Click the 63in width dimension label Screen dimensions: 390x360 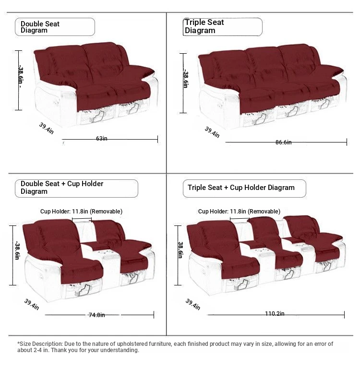pos(102,139)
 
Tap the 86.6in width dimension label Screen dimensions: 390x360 pos(283,142)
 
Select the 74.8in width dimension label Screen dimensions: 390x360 pos(96,315)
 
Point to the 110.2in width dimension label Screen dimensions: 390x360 pos(275,314)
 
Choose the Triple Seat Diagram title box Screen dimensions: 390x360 pos(222,26)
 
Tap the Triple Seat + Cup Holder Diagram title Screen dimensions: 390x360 pos(241,188)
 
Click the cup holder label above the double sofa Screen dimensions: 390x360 pos(81,211)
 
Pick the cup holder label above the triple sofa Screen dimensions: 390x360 pos(239,211)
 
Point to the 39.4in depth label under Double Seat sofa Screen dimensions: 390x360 pos(46,128)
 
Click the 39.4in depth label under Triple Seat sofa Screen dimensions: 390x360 pos(212,132)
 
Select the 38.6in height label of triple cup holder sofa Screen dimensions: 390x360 pos(181,249)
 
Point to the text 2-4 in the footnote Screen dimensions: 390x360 pos(39,350)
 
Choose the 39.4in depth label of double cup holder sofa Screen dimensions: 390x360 pos(32,304)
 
